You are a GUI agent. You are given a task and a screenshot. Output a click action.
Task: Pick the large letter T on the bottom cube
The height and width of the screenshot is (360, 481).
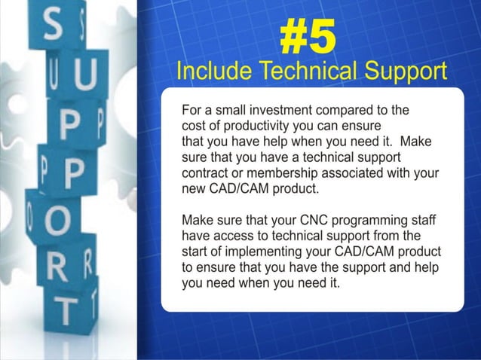pos(69,309)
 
